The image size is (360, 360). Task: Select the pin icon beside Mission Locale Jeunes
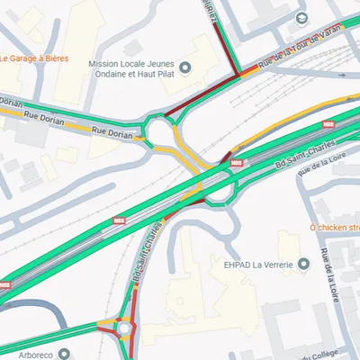point(186,67)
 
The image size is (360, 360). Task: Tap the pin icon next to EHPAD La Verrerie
point(303,264)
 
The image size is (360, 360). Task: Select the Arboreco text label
point(34,355)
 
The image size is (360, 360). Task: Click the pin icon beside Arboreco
point(64,355)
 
